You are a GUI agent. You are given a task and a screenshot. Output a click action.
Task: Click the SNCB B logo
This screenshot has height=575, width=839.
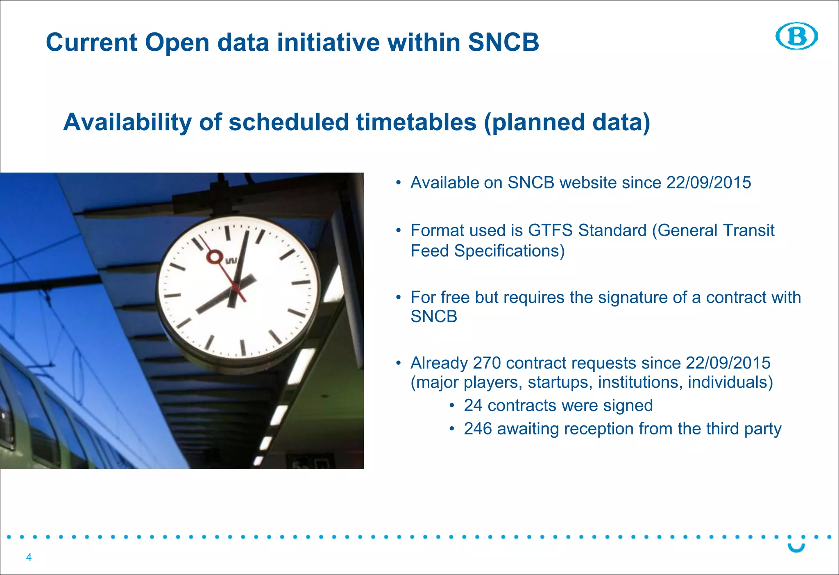coord(796,36)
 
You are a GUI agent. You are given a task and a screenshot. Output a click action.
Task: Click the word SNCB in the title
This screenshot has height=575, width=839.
coord(503,42)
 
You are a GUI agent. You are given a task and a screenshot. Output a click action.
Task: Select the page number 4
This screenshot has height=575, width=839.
coord(29,557)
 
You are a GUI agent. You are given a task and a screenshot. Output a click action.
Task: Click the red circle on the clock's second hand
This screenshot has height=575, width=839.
coord(214,257)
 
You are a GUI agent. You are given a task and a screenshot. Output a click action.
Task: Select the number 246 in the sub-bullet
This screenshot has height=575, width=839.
coord(478,429)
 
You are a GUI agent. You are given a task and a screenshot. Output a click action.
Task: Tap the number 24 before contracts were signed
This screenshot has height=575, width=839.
coord(473,405)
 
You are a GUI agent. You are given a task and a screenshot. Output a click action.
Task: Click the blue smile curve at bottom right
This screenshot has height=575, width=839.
coord(796,548)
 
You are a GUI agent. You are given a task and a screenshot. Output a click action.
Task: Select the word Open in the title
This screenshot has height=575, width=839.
coord(177,42)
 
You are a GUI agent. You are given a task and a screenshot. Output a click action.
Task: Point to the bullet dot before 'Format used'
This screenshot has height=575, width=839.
coord(398,231)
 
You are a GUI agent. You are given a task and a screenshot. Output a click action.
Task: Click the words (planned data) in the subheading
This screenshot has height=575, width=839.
coord(567,122)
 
